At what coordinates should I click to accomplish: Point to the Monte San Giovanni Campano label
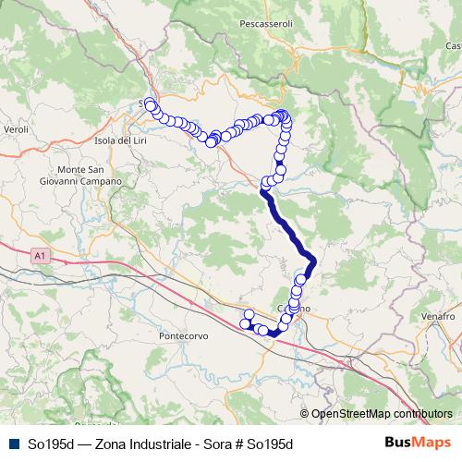[89, 176]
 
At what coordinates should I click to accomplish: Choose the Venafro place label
[439, 316]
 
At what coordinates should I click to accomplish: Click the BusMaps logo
[418, 444]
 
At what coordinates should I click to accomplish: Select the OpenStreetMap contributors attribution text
[382, 413]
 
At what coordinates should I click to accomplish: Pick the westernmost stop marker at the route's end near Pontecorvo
[246, 323]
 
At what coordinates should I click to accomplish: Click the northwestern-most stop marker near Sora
[150, 102]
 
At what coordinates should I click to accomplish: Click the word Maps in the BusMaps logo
[432, 444]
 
